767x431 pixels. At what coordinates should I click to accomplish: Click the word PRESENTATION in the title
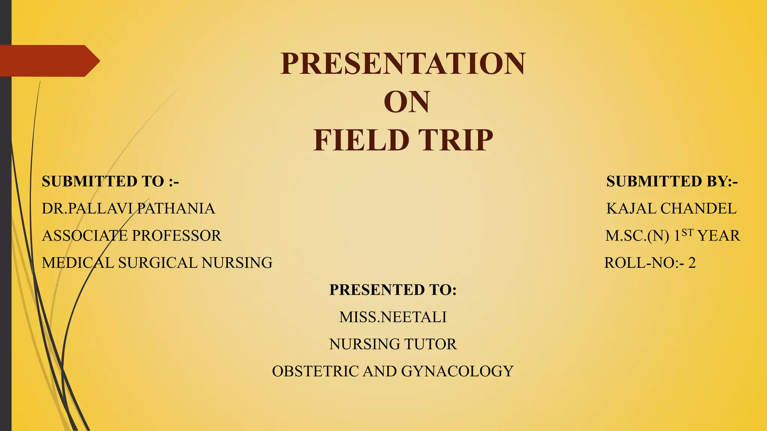coord(403,63)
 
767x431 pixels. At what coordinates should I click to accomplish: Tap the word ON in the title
coord(406,102)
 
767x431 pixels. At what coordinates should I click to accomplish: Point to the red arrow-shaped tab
coord(49,61)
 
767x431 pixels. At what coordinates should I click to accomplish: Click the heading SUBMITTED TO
coord(110,181)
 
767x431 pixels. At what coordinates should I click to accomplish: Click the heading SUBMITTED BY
coord(672,181)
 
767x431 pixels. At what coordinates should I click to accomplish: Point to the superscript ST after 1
coord(687,233)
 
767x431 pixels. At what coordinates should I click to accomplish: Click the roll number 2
coord(692,263)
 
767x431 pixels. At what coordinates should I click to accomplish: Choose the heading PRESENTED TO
coord(393,290)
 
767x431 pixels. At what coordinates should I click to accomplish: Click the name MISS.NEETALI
coord(393,317)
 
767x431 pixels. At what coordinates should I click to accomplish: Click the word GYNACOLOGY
coord(457,371)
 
